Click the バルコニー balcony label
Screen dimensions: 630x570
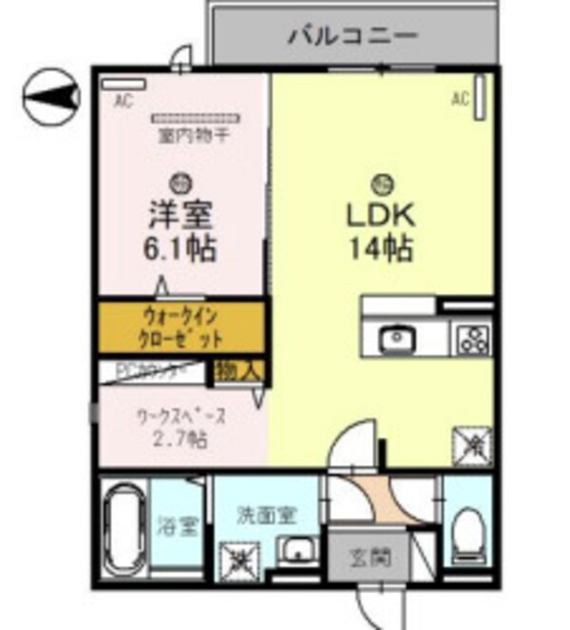[352, 37]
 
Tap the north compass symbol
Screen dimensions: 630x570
[50, 97]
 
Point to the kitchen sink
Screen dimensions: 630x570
[393, 337]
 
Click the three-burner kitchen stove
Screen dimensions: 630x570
[472, 337]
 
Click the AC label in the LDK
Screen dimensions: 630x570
[461, 98]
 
